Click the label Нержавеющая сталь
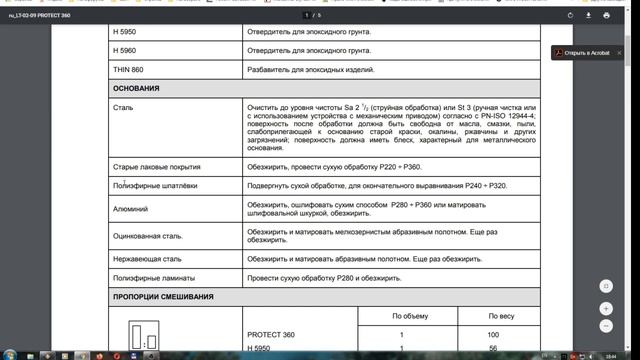[x=147, y=257]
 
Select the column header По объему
[x=400, y=316]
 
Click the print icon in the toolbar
[x=607, y=15]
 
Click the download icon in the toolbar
[x=588, y=15]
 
